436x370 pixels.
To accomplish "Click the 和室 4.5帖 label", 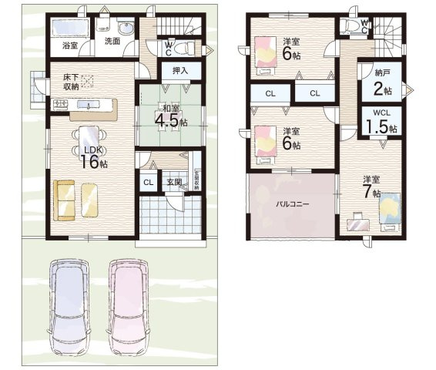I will [170, 116].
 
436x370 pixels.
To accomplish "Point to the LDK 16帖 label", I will [91, 156].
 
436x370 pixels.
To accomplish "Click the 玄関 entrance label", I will [173, 183].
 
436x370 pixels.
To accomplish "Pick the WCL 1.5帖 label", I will [381, 121].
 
